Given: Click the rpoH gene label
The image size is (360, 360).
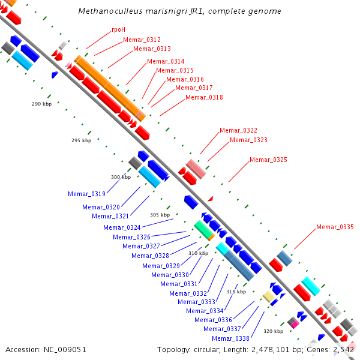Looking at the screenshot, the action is (x=118, y=29).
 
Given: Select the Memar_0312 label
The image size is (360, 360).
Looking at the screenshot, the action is (x=142, y=40).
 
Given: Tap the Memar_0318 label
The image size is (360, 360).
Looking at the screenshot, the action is (x=204, y=97).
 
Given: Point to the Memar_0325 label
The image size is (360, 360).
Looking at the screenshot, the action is (x=268, y=160).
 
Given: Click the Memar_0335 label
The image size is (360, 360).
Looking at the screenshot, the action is (x=335, y=227).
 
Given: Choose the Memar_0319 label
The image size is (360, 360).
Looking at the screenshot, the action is (x=86, y=194).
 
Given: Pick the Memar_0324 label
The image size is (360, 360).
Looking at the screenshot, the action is (x=122, y=227).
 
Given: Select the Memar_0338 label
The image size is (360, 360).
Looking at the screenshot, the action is (x=230, y=338).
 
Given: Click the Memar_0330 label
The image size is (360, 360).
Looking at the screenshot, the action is (x=170, y=275).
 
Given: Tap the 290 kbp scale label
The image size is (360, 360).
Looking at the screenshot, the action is (x=42, y=104).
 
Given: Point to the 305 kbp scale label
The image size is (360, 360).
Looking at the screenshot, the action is (x=160, y=215).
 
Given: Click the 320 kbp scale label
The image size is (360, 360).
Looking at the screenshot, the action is (x=273, y=331).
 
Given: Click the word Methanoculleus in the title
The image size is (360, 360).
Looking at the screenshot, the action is (x=110, y=11).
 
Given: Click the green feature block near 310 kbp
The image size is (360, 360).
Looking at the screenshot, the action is (x=204, y=230).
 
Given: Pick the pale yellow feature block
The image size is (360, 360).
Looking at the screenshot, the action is (x=269, y=296).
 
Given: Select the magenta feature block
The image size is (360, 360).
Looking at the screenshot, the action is (x=295, y=325).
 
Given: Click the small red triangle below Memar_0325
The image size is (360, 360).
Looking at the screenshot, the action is (x=211, y=199).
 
